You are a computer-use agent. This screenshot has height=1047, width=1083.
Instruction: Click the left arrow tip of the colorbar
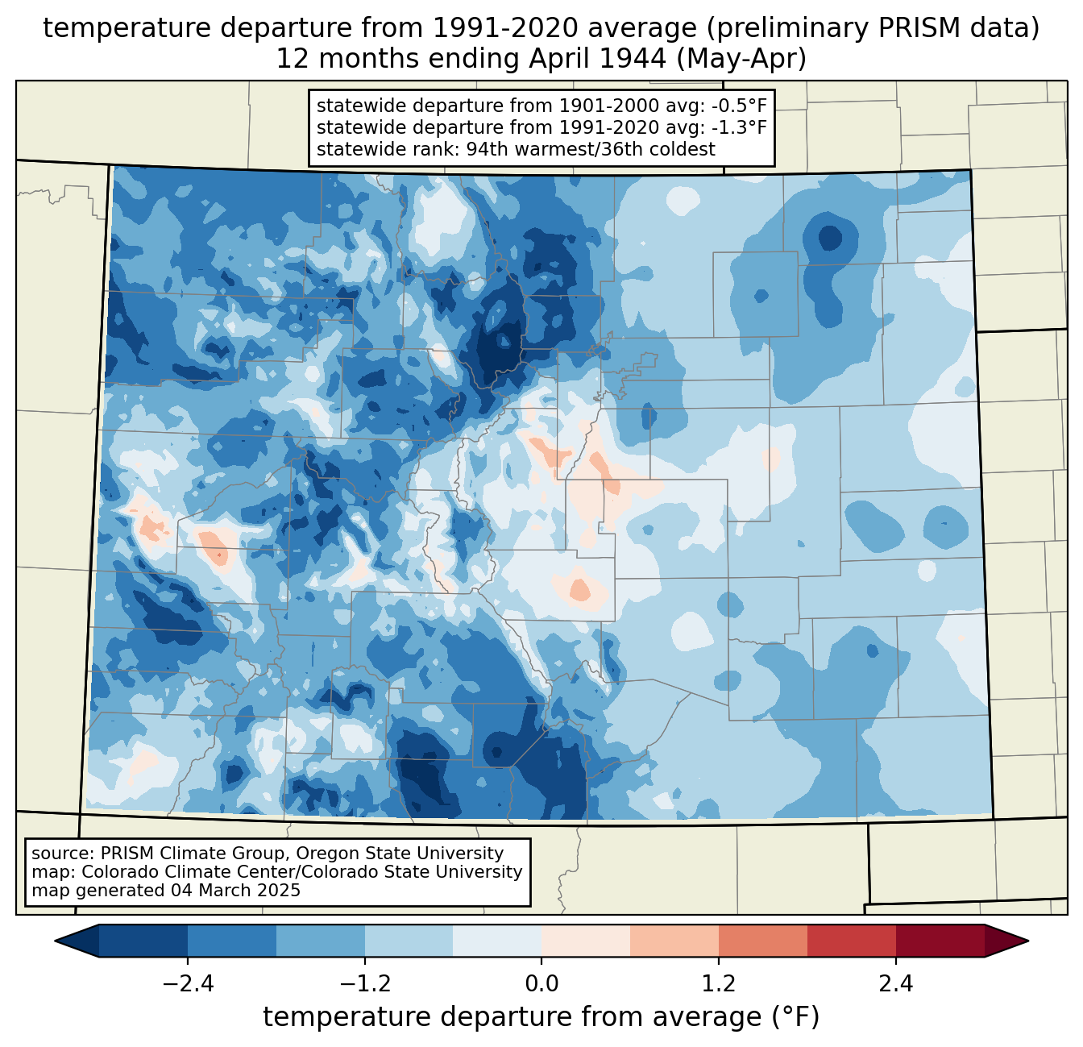click(55, 941)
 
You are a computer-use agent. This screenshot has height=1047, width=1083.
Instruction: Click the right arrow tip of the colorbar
click(1028, 941)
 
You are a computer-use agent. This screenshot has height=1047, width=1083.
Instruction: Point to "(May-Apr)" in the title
click(741, 59)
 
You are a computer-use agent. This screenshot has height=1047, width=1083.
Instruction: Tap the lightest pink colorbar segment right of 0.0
click(586, 941)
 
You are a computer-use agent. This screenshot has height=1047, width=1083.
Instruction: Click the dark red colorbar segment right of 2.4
click(940, 941)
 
